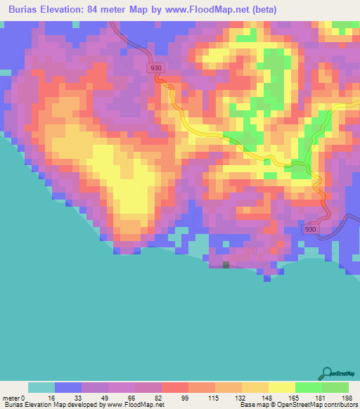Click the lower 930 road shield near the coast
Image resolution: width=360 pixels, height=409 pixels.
click(311, 230)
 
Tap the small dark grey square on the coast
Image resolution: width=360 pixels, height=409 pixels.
click(226, 264)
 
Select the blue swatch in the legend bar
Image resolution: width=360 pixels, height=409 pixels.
click(68, 387)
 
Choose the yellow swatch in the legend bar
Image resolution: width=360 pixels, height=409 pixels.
click(281, 387)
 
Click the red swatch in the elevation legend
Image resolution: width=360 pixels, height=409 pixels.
click(174, 387)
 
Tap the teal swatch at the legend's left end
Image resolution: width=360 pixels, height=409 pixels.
click(41, 387)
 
